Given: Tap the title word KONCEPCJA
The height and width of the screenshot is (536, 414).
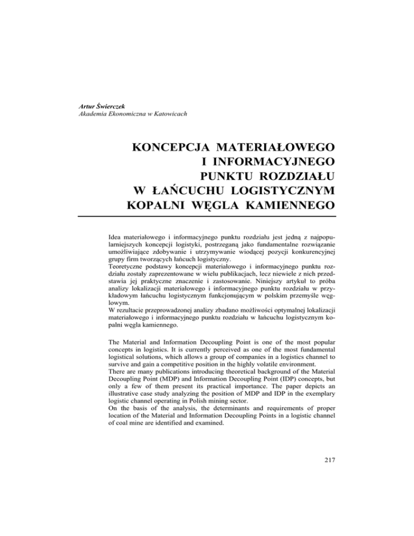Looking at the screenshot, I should point(177,147).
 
